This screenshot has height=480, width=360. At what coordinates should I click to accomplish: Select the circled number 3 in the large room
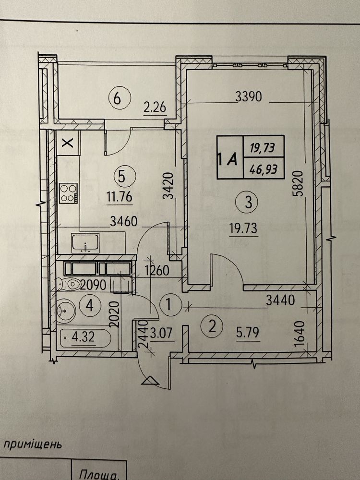248,203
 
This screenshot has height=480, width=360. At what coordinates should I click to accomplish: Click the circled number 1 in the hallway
169,303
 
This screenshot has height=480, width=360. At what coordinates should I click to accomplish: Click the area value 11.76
120,196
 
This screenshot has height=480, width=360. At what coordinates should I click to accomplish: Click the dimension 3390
248,97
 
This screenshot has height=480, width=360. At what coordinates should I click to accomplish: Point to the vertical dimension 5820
300,184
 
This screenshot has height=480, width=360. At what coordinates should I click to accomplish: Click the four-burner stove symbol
68,193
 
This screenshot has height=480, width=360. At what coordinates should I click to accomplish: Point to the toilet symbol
68,284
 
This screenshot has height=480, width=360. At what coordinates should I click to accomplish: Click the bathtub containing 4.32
84,339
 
